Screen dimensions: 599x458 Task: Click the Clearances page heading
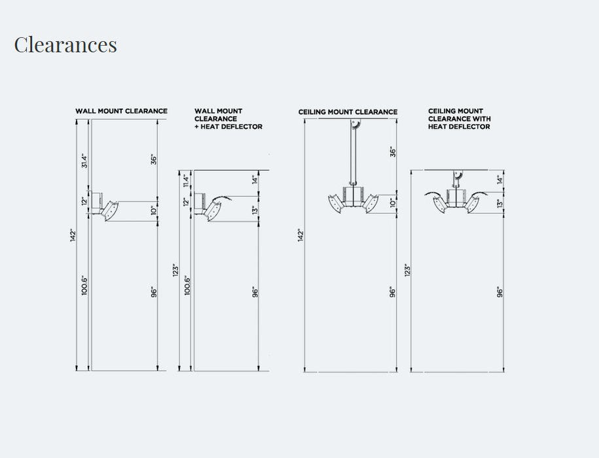tap(65, 44)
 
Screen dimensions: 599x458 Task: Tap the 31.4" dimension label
tap(85, 161)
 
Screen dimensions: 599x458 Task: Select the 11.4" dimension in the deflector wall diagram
tap(186, 181)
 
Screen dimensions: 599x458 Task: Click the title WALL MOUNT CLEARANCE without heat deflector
tap(122, 111)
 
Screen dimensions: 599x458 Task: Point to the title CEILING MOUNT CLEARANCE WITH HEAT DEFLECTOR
tap(459, 118)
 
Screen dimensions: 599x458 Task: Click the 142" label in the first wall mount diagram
tap(73, 235)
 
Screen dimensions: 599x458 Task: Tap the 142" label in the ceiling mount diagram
tap(300, 235)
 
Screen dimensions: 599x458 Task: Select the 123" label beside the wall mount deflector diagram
tap(175, 270)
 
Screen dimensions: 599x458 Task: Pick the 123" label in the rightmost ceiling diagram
tap(408, 270)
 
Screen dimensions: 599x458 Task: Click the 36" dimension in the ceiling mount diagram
tap(393, 152)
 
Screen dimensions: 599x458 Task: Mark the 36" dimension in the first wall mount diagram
tap(154, 159)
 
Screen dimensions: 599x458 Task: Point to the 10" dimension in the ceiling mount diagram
tap(393, 202)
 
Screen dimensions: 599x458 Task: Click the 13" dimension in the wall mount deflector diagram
tap(255, 209)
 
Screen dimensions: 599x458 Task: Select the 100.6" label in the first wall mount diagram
tap(85, 285)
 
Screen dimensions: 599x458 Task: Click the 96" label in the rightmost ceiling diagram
tap(500, 292)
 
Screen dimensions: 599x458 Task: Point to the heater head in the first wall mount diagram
tap(111, 211)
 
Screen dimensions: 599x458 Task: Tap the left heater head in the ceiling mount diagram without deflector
tap(335, 204)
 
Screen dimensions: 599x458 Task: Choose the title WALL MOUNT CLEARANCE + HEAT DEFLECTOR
tap(228, 118)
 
